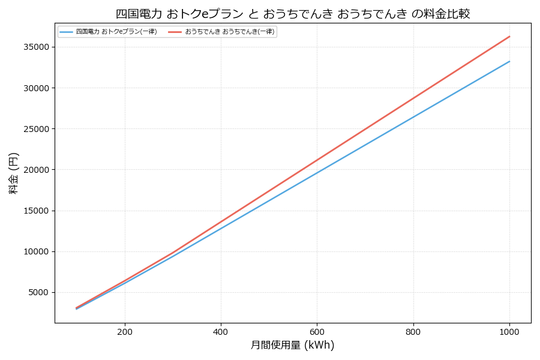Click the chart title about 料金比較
click(x=293, y=13)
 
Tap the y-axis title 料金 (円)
click(x=13, y=173)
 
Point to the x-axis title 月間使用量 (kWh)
click(x=292, y=345)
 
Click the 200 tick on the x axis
click(x=125, y=331)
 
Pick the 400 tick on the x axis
click(x=221, y=331)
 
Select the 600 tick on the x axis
click(x=317, y=331)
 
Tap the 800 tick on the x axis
click(x=413, y=331)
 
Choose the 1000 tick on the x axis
click(x=509, y=331)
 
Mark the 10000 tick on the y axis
click(x=38, y=251)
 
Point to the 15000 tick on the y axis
click(x=38, y=211)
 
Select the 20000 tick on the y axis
click(x=38, y=170)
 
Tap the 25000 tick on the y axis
click(x=38, y=129)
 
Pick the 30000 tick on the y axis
click(x=38, y=88)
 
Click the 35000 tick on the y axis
click(x=38, y=47)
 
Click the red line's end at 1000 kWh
click(x=509, y=37)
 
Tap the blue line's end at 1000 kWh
click(x=509, y=61)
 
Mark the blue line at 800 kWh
click(x=413, y=116)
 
